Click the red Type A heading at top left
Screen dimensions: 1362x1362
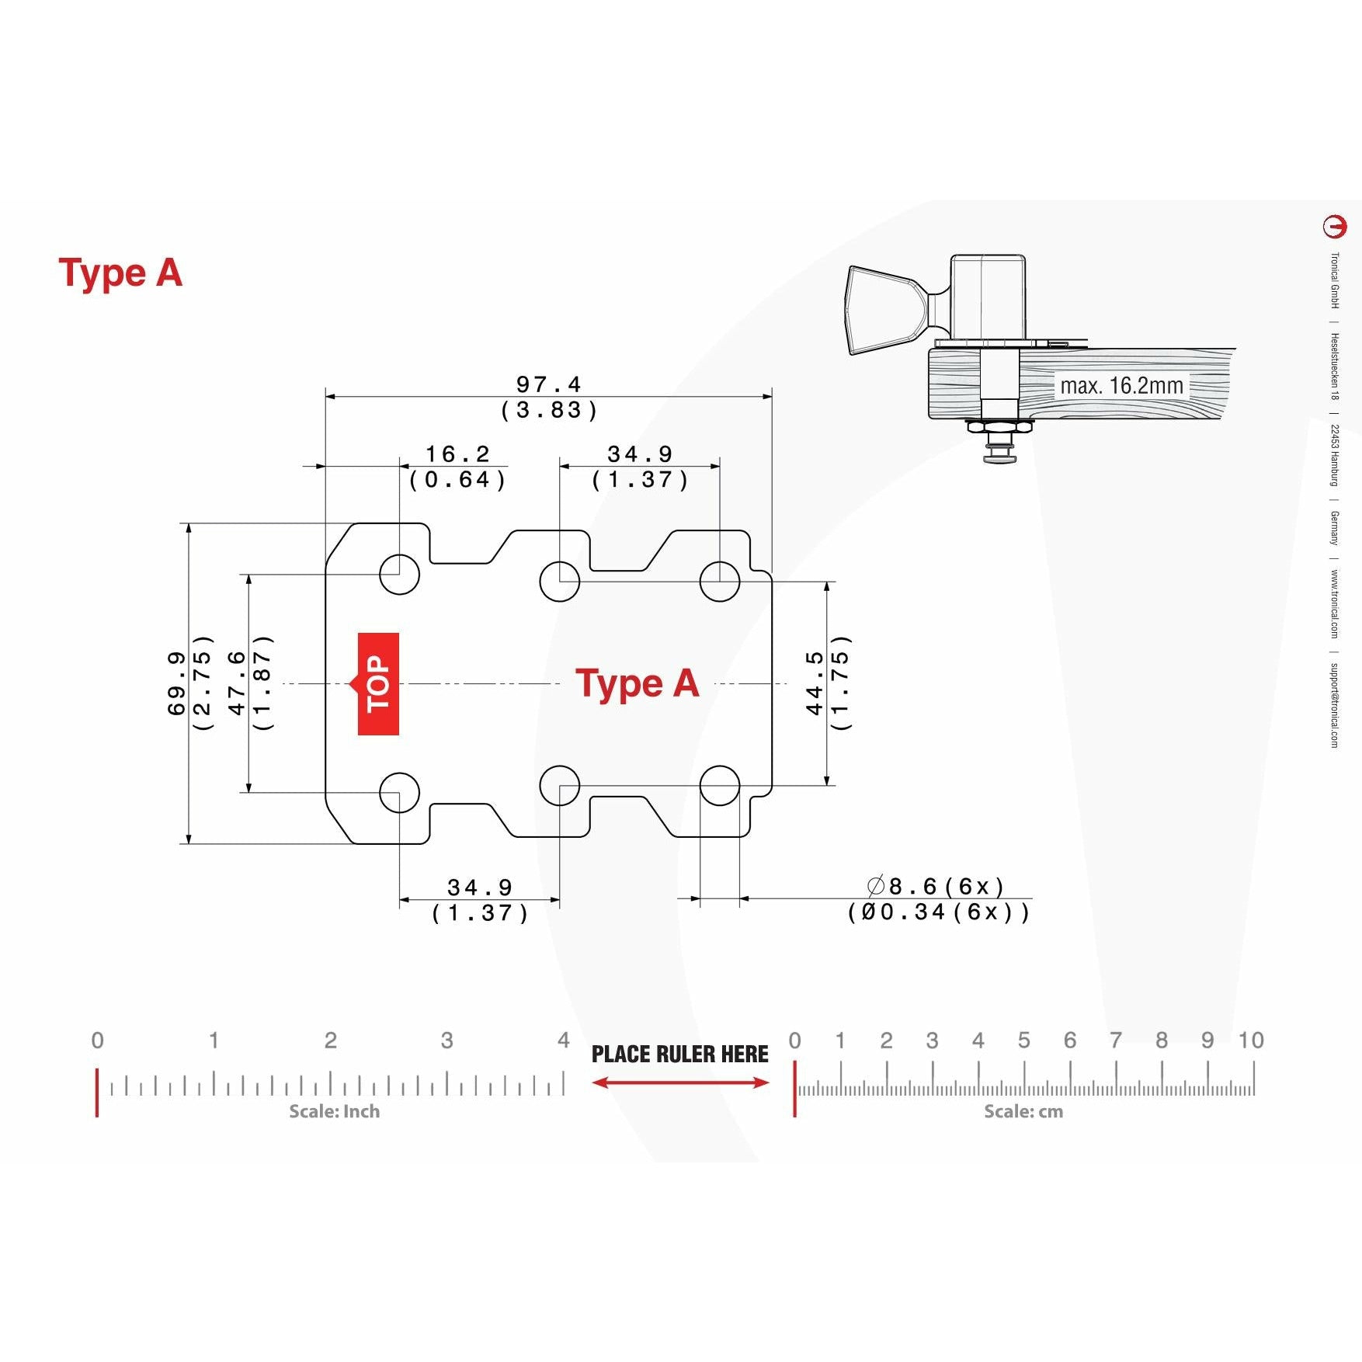coord(120,274)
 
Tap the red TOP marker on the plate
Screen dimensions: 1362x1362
coord(378,683)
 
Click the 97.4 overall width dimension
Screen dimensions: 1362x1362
coord(549,384)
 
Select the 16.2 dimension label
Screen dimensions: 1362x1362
coord(458,454)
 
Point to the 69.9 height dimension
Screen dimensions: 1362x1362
coord(177,683)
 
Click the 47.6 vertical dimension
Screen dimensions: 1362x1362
coord(237,683)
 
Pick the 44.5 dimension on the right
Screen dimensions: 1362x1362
coord(814,683)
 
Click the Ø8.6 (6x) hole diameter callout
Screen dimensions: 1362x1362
coord(936,886)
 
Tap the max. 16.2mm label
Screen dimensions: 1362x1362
coord(1122,386)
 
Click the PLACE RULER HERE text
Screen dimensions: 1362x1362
coord(680,1054)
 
